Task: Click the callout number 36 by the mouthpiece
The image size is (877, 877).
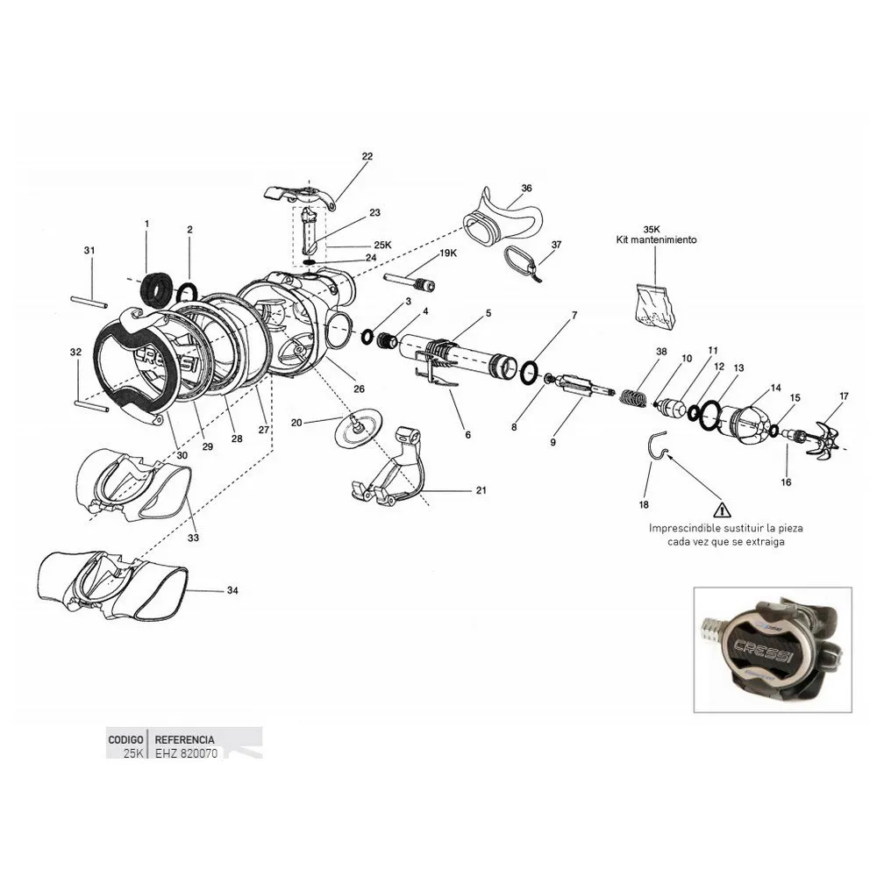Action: click(526, 188)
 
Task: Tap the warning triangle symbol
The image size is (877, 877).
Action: click(722, 509)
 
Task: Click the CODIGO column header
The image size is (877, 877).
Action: click(125, 739)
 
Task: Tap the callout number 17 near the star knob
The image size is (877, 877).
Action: click(844, 396)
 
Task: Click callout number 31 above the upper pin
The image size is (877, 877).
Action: click(89, 251)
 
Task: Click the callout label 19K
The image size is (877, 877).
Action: click(447, 253)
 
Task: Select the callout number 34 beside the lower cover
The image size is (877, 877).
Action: click(232, 590)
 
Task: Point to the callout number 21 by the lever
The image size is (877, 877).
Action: click(481, 490)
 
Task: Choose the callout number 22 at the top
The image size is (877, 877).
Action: click(367, 156)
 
